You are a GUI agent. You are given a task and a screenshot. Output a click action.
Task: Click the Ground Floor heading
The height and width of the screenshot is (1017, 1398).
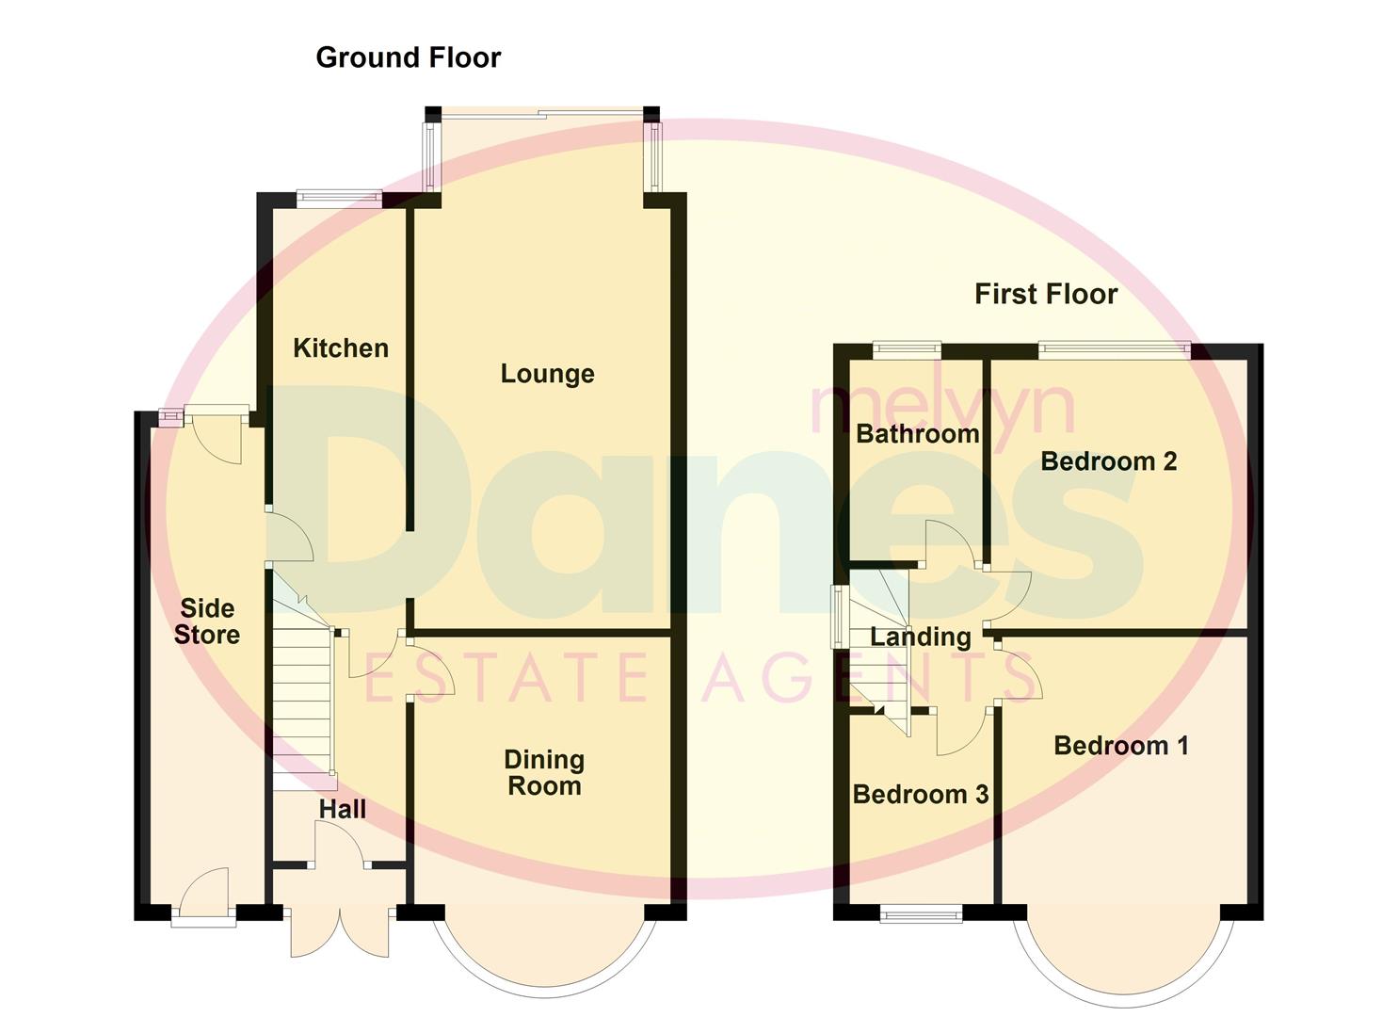408,57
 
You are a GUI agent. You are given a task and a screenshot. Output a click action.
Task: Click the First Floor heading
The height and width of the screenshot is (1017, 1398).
1045,294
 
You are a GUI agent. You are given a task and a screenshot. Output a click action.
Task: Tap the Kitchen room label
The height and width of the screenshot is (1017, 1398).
340,348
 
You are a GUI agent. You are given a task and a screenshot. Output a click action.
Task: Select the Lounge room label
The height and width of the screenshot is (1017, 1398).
547,374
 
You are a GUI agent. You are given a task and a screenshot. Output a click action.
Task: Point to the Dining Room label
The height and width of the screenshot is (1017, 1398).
544,772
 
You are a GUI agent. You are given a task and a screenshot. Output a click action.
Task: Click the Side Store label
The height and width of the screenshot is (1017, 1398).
206,621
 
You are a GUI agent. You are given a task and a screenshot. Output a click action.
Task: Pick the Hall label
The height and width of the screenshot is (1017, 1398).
342,809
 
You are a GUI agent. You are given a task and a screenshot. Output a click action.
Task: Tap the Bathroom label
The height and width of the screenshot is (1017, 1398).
917,434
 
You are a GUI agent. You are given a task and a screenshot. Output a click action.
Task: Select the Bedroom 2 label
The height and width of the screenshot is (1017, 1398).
1108,461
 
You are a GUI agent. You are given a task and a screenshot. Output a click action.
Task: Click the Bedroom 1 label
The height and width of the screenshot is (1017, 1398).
1120,746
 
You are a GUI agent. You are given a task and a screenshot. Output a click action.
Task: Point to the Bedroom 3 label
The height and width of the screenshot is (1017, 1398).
920,795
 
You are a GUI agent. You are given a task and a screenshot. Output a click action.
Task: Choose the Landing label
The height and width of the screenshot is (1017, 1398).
920,638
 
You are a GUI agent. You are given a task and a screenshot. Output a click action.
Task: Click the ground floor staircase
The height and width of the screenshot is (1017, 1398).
303,697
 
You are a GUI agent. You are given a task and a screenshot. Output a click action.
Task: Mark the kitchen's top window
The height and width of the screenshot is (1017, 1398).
339,199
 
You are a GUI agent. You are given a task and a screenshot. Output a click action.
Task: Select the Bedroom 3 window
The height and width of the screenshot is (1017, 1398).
921,912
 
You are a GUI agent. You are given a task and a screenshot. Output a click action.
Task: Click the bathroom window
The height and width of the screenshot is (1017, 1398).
907,350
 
